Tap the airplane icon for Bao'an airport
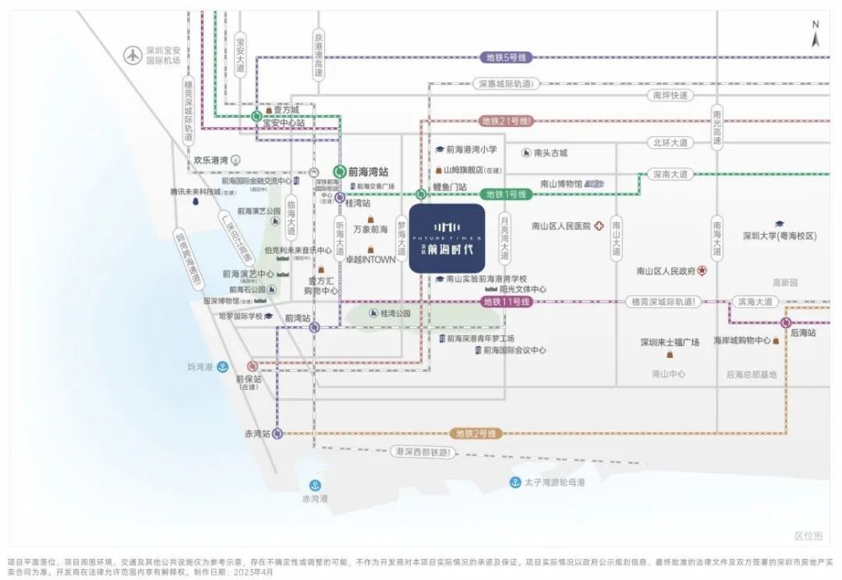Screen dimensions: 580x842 click(132, 56)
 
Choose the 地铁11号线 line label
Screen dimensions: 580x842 click(506, 301)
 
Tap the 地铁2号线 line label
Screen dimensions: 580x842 click(477, 434)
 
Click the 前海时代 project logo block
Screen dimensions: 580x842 click(446, 238)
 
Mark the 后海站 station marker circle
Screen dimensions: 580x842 click(786, 322)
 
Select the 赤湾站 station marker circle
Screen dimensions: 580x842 click(278, 434)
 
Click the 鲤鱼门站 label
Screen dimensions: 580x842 click(450, 187)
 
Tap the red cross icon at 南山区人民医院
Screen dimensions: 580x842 click(599, 226)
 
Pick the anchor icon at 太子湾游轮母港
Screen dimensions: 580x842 click(514, 482)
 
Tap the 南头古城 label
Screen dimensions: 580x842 click(551, 153)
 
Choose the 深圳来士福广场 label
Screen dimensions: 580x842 click(670, 343)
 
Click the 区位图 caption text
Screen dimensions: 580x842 click(807, 535)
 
